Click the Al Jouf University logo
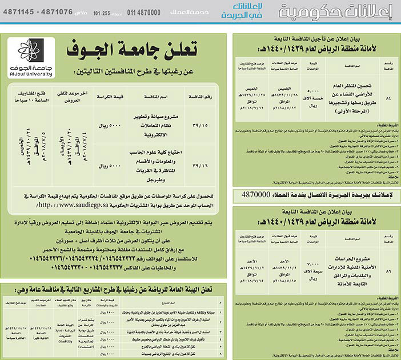pos(32,57)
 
